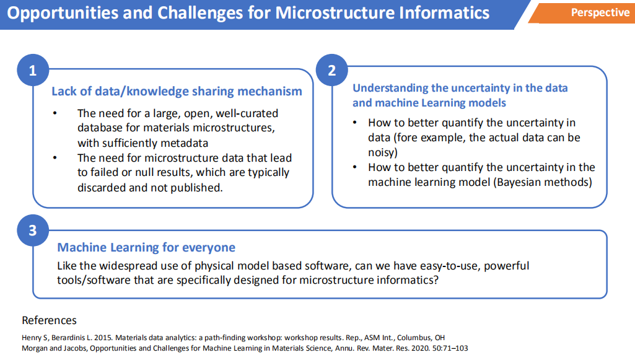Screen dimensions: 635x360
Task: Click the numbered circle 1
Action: click(33, 70)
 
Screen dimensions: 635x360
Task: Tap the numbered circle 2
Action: click(331, 70)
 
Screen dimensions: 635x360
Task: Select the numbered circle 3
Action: click(33, 230)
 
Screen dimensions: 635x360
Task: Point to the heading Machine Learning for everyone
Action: click(146, 247)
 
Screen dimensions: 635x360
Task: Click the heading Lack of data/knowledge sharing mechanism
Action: click(177, 91)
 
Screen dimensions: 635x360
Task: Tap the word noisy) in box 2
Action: click(383, 152)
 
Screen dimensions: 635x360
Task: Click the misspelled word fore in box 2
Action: click(407, 138)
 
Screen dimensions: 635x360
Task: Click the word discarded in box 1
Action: click(101, 188)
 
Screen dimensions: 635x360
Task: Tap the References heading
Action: click(49, 320)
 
